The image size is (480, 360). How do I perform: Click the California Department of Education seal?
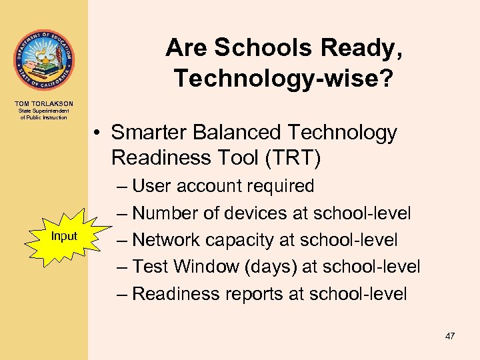(x=43, y=60)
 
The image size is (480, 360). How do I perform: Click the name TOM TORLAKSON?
(x=43, y=103)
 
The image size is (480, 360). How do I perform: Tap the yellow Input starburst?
(x=65, y=236)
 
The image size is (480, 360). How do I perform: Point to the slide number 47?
(x=450, y=336)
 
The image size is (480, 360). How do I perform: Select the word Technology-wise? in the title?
(x=283, y=78)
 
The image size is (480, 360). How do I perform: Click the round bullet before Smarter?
(x=97, y=133)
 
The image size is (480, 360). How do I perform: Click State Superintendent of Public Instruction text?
(x=43, y=114)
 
